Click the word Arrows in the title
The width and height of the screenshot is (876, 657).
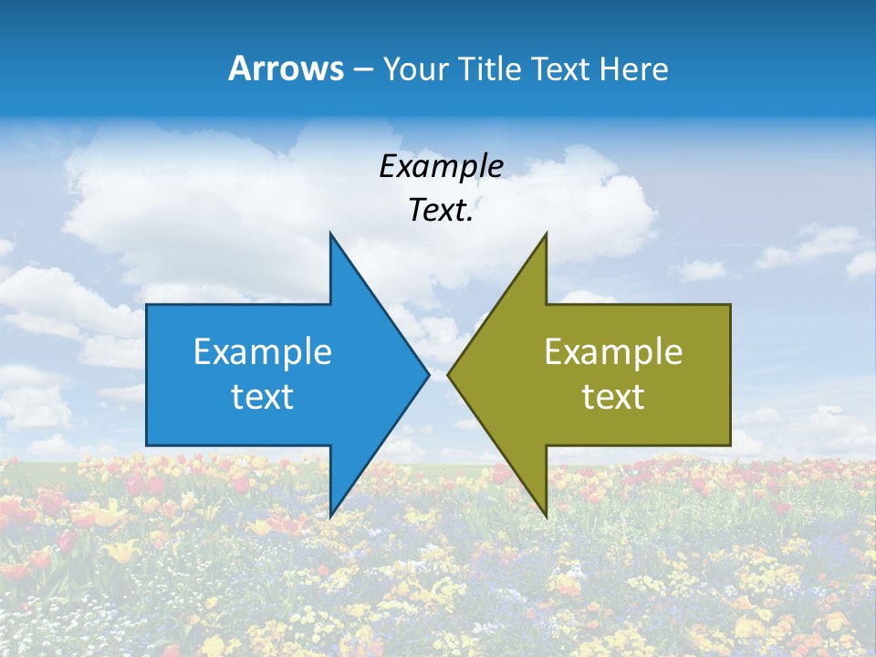click(286, 68)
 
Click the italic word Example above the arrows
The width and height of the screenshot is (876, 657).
click(441, 166)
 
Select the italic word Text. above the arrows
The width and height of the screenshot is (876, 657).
click(441, 210)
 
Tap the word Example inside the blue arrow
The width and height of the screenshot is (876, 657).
click(263, 351)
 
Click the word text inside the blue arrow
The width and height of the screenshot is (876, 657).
click(263, 396)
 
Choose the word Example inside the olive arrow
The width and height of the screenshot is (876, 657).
click(613, 351)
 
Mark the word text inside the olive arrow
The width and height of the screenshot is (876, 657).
click(613, 396)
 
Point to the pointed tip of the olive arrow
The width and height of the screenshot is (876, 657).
click(449, 374)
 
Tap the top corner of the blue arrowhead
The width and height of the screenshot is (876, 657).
click(330, 235)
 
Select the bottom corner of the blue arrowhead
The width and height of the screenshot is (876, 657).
click(330, 515)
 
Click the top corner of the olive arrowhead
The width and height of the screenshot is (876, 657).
click(546, 235)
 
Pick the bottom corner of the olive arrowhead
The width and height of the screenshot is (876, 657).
click(546, 515)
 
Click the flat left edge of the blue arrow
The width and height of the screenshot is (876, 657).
click(147, 374)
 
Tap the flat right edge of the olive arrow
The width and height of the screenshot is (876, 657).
click(730, 374)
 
